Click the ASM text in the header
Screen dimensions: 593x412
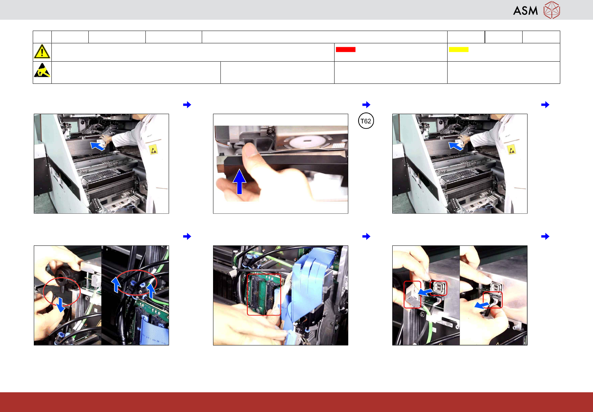[525, 11]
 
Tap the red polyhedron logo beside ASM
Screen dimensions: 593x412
[552, 10]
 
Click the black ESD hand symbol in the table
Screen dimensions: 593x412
[42, 70]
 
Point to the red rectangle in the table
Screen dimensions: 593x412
[345, 50]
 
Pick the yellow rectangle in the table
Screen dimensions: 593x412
[458, 50]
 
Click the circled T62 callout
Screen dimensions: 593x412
[366, 121]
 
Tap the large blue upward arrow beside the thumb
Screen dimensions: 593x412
[239, 182]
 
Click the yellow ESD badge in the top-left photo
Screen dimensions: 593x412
[154, 150]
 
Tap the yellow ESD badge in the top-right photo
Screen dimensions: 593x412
[512, 150]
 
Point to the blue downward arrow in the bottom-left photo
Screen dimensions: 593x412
[60, 305]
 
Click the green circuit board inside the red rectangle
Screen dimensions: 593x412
[264, 294]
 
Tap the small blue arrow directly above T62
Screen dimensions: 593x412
[366, 105]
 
